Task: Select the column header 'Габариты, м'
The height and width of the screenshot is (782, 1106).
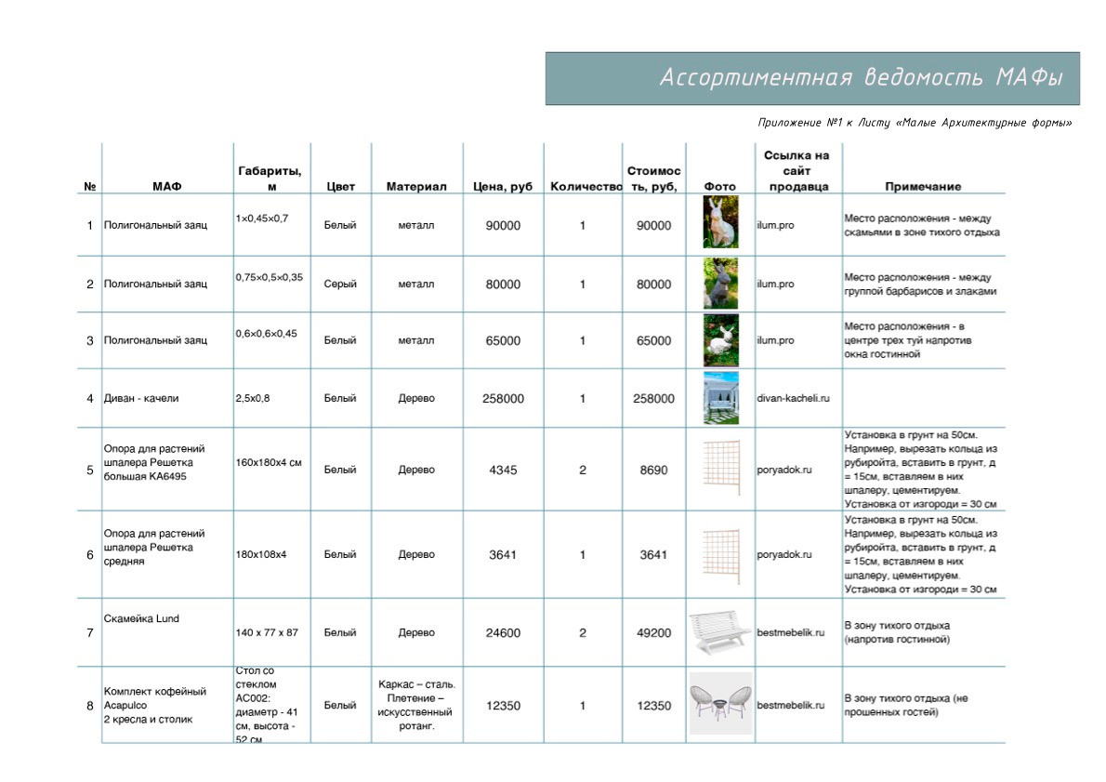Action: pos(270,178)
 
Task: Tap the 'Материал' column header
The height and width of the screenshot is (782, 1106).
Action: pos(415,186)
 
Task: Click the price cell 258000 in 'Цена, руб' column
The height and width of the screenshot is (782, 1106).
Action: pos(503,398)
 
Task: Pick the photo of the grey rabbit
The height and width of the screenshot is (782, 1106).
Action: pos(720,284)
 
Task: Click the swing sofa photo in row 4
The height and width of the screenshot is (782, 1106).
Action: pos(720,398)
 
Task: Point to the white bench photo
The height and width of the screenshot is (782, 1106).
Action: pos(720,632)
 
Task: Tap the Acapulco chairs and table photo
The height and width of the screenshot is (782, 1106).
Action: pos(720,705)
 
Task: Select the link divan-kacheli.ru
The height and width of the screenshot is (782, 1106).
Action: pos(793,398)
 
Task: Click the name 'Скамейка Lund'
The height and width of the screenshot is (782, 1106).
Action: pos(141,618)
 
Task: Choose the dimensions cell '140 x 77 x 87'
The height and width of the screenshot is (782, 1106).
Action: pos(269,632)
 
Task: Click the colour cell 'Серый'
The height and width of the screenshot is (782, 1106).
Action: pos(340,284)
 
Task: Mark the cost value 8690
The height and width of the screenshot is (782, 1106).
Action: pos(653,470)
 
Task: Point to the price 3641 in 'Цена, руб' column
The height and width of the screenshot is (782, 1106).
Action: pos(503,554)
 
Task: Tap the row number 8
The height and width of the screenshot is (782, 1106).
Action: pos(90,705)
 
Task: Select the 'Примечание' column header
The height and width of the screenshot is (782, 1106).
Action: pos(922,186)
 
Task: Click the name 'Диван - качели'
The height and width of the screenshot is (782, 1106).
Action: pos(141,398)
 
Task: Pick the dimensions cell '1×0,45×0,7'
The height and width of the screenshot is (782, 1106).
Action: pos(262,218)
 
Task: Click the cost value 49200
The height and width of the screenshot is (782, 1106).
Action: pos(653,632)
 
